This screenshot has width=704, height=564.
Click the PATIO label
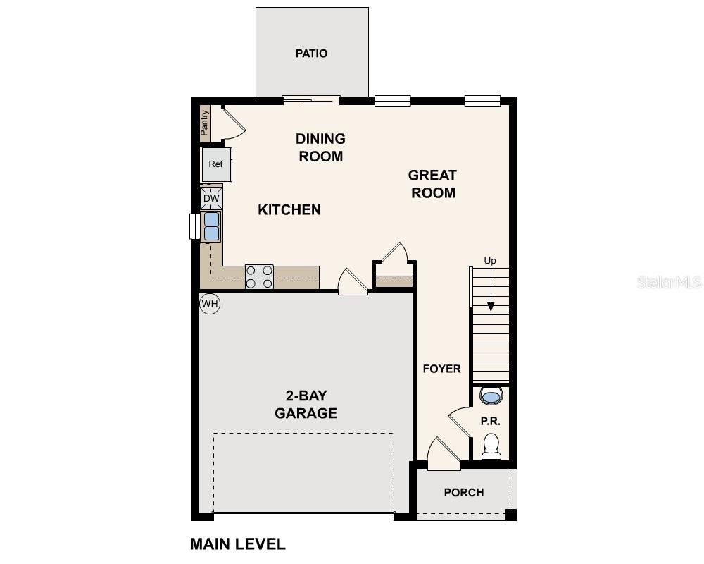tap(311, 54)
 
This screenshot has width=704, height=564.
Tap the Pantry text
tap(205, 123)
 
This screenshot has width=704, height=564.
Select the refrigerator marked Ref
tap(215, 164)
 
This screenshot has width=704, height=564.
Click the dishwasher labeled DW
tap(211, 199)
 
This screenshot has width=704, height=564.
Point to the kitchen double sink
tap(211, 226)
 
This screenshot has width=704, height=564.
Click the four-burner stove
tap(259, 276)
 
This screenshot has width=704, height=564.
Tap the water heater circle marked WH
tap(210, 304)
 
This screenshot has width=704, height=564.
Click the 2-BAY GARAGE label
tap(306, 404)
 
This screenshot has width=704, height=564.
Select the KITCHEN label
tap(289, 209)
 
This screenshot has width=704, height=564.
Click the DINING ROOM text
tap(320, 147)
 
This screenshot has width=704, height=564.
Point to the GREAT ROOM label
tap(432, 183)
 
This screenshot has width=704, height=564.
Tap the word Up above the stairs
tap(490, 261)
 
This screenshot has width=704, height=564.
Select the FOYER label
tap(441, 369)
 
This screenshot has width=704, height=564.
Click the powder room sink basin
tap(491, 397)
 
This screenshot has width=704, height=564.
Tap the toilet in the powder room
tap(491, 446)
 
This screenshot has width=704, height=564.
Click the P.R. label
tap(490, 421)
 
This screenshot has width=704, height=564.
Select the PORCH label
tap(464, 492)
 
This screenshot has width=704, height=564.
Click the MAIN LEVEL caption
tap(238, 544)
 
